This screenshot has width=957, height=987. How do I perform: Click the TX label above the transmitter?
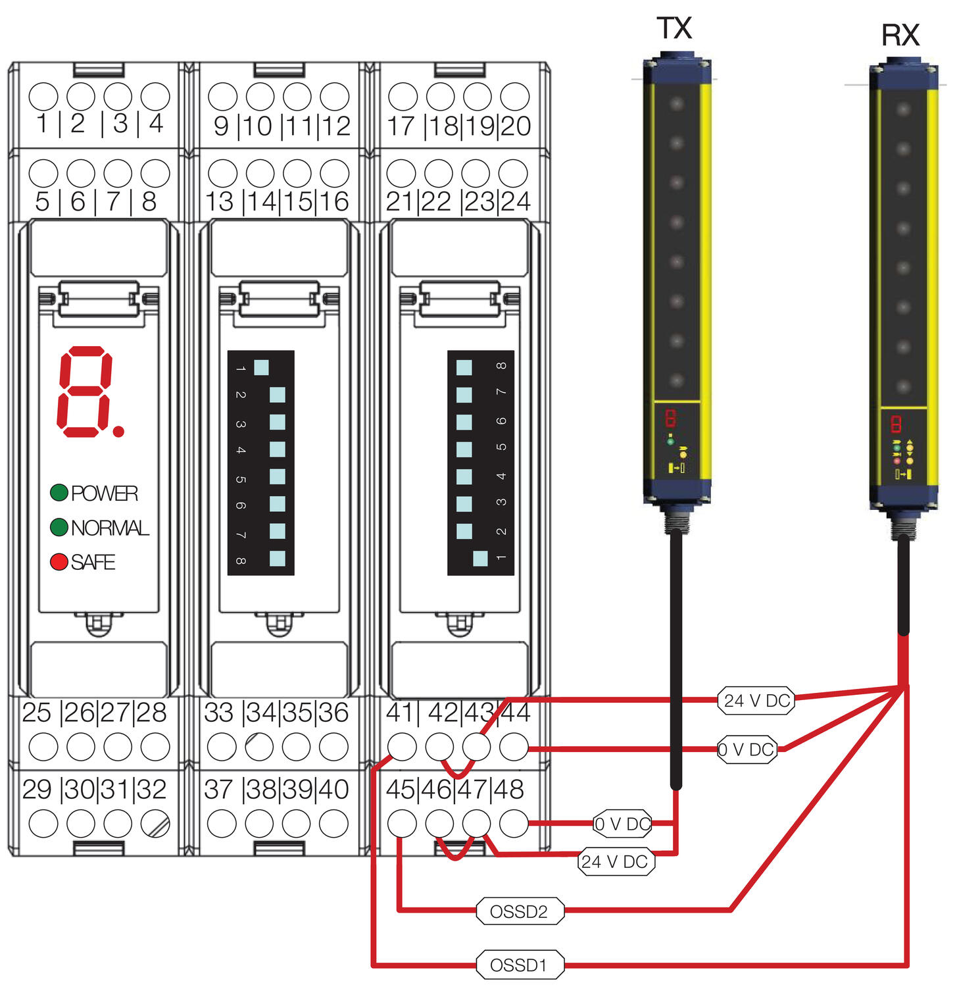[674, 28]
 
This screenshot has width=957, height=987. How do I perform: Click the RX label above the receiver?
[900, 36]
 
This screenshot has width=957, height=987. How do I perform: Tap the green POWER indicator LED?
[59, 492]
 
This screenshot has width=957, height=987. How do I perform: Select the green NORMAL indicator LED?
[59, 527]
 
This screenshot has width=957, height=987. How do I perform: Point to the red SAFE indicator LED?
[59, 562]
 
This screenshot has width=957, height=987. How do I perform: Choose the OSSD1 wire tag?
[520, 965]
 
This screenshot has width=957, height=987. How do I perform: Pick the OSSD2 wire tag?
[520, 911]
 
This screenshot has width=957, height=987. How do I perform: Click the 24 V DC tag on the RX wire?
[756, 701]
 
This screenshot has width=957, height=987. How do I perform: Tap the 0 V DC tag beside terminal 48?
[622, 823]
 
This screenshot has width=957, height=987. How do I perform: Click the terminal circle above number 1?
[43, 96]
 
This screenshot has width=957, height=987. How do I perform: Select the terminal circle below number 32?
[155, 823]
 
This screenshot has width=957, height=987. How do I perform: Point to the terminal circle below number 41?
[402, 747]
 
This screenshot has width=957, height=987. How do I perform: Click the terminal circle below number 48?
[514, 823]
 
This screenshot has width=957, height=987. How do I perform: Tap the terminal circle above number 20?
[514, 96]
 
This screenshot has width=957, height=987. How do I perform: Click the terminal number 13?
[220, 201]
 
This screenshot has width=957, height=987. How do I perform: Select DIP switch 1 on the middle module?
[261, 367]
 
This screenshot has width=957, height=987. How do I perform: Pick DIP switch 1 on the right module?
[481, 558]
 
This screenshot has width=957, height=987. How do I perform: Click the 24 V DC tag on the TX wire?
[615, 861]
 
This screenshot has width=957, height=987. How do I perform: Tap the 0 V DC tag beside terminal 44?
[747, 749]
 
